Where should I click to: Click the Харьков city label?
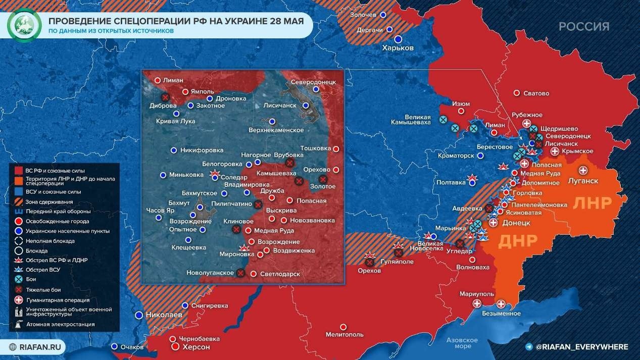398,48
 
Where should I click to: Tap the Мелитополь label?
344,334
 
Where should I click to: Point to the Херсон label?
197,347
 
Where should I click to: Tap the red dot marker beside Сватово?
516,93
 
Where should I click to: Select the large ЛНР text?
592,203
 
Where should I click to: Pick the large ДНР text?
517,242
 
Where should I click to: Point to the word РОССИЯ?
584,27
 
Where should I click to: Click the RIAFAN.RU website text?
40,347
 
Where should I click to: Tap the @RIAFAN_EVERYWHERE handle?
581,347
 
